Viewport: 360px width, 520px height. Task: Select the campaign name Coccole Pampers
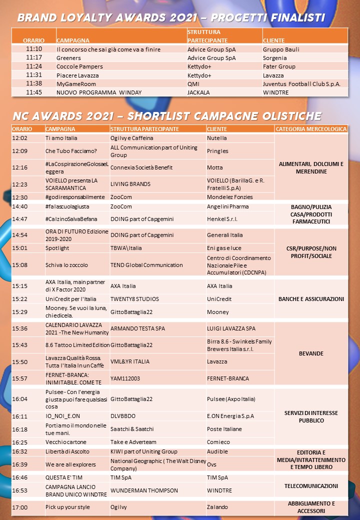(79, 66)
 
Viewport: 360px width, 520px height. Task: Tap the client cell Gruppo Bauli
(281, 49)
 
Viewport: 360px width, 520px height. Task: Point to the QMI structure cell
(193, 83)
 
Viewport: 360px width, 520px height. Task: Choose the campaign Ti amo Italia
(61, 138)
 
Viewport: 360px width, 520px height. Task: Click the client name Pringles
(217, 150)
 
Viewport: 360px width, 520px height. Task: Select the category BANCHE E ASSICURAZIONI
(311, 299)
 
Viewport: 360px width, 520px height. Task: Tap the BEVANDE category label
(311, 353)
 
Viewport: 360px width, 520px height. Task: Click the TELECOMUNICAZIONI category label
(311, 486)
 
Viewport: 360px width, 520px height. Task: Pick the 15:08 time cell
(20, 265)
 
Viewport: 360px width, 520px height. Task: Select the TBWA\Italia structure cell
(126, 248)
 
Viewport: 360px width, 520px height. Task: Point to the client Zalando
(217, 507)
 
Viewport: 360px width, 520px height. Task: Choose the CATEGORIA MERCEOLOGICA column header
(311, 129)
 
